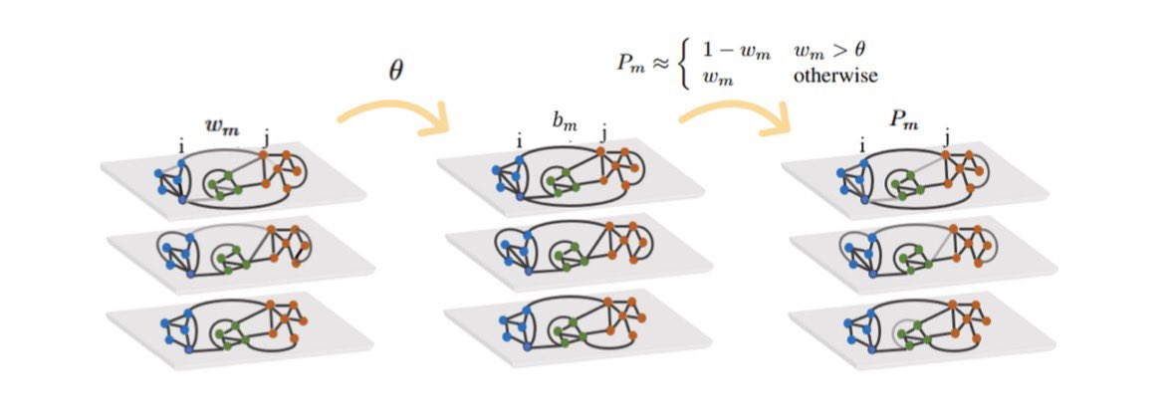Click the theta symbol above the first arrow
pos(395,74)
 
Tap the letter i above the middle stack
pos(519,141)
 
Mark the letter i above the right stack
pos(860,144)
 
